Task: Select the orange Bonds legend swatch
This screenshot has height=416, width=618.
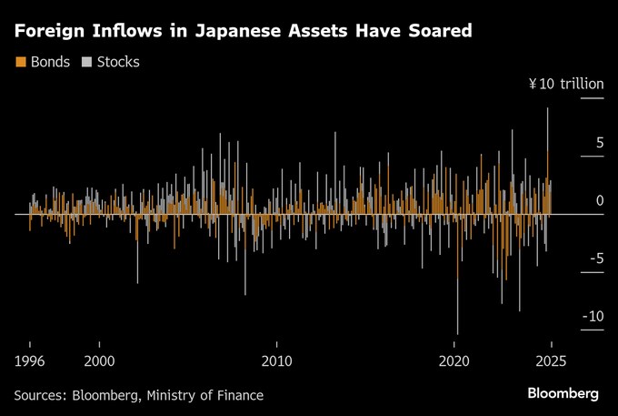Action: (20, 62)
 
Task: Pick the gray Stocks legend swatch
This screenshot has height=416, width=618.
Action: (87, 62)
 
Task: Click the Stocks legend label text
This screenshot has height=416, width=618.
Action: (118, 62)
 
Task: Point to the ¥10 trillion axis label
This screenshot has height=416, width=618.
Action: (566, 84)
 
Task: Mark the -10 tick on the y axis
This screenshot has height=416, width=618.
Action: (593, 316)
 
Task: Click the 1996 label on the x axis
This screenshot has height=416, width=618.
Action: (30, 359)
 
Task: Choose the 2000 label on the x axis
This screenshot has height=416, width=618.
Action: (100, 359)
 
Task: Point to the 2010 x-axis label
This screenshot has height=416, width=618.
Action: (277, 359)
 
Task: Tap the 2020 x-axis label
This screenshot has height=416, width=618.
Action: (454, 359)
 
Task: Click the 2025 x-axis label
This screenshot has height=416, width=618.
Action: (551, 359)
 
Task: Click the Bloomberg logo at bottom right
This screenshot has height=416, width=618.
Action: (563, 393)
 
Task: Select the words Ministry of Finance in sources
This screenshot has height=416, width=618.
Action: (214, 395)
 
